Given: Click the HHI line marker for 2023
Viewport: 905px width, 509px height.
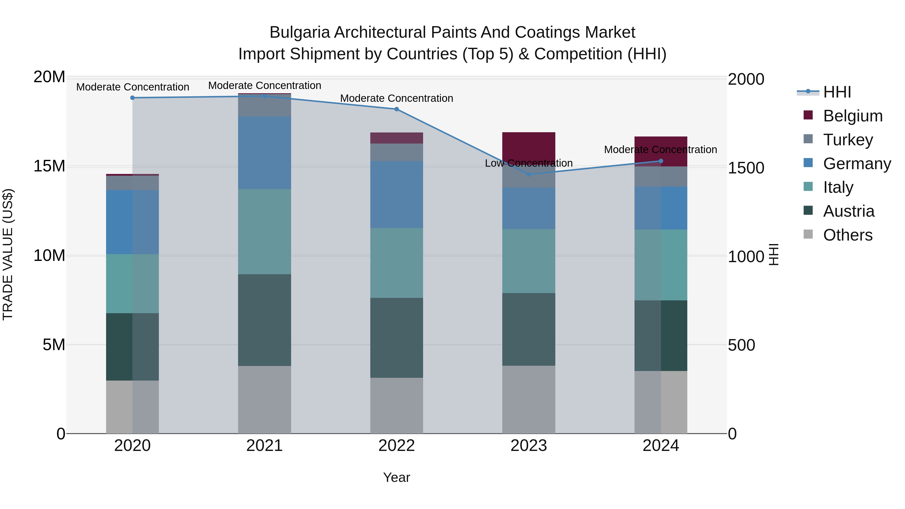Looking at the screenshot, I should click(529, 174).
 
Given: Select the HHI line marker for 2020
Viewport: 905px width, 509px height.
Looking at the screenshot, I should click(132, 98).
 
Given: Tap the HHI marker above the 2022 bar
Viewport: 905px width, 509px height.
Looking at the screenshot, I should click(397, 109).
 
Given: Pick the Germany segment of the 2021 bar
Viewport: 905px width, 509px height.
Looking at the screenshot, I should click(264, 153).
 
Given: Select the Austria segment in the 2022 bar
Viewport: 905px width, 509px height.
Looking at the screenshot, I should click(397, 338).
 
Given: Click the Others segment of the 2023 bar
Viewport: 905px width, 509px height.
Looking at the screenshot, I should click(529, 400).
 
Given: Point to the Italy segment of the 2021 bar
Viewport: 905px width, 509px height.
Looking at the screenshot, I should click(264, 232).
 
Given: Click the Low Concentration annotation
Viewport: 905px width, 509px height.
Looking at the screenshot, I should click(529, 163).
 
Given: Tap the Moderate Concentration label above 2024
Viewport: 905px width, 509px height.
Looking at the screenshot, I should click(660, 150).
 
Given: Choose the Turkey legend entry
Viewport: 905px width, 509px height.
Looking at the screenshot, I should click(848, 140).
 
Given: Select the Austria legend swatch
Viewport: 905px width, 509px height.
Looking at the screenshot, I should click(808, 211).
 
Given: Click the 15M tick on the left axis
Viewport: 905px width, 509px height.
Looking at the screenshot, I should click(49, 166).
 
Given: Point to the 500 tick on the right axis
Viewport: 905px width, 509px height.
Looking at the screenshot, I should click(741, 345).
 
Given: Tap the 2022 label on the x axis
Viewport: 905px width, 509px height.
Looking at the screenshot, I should click(397, 446).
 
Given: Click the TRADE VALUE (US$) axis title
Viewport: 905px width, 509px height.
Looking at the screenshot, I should click(8, 255).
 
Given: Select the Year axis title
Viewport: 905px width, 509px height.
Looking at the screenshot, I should click(397, 477).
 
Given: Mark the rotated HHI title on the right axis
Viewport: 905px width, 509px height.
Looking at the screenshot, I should click(774, 255).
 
